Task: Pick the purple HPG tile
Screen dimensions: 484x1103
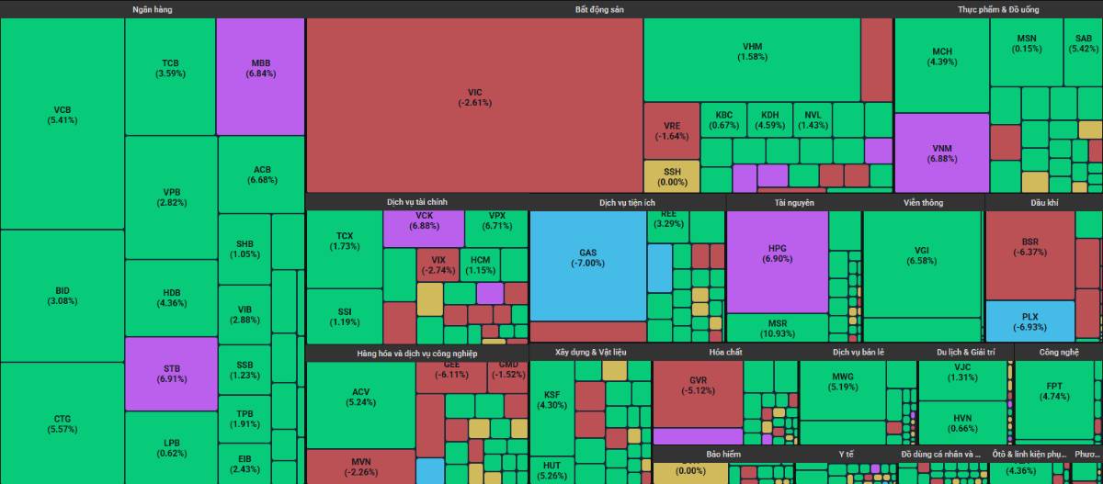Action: (777, 262)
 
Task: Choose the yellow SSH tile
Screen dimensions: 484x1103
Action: (672, 175)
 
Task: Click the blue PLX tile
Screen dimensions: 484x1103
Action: (1029, 321)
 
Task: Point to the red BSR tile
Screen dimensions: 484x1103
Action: (1029, 253)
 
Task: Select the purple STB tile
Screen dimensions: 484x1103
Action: (170, 373)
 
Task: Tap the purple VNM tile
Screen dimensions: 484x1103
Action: (942, 152)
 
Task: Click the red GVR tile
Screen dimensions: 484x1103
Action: (698, 390)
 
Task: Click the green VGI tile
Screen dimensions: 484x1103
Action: (922, 262)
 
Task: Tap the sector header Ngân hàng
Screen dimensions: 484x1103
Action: (152, 9)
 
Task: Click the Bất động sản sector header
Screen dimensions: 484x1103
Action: (599, 9)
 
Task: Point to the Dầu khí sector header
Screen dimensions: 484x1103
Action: (1043, 202)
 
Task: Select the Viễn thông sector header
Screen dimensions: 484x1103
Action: (923, 202)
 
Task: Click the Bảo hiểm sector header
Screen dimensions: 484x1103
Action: (723, 454)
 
